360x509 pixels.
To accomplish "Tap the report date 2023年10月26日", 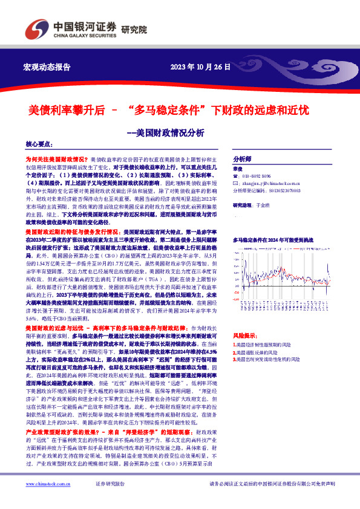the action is point(200,66).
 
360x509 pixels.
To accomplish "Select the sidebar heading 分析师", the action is point(242,155).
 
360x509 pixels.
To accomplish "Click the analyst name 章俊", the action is point(237,169).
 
